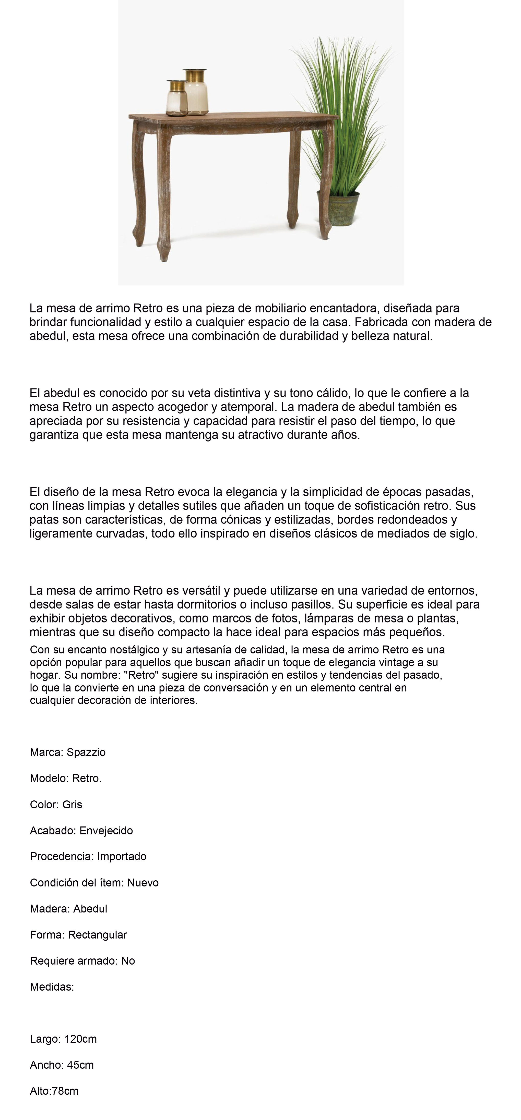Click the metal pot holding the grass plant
[344, 209]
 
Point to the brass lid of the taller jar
[195, 75]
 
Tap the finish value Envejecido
[106, 831]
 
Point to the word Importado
[122, 857]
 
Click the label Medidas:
[52, 987]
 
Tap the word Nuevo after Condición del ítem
[143, 883]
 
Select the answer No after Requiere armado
[128, 961]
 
